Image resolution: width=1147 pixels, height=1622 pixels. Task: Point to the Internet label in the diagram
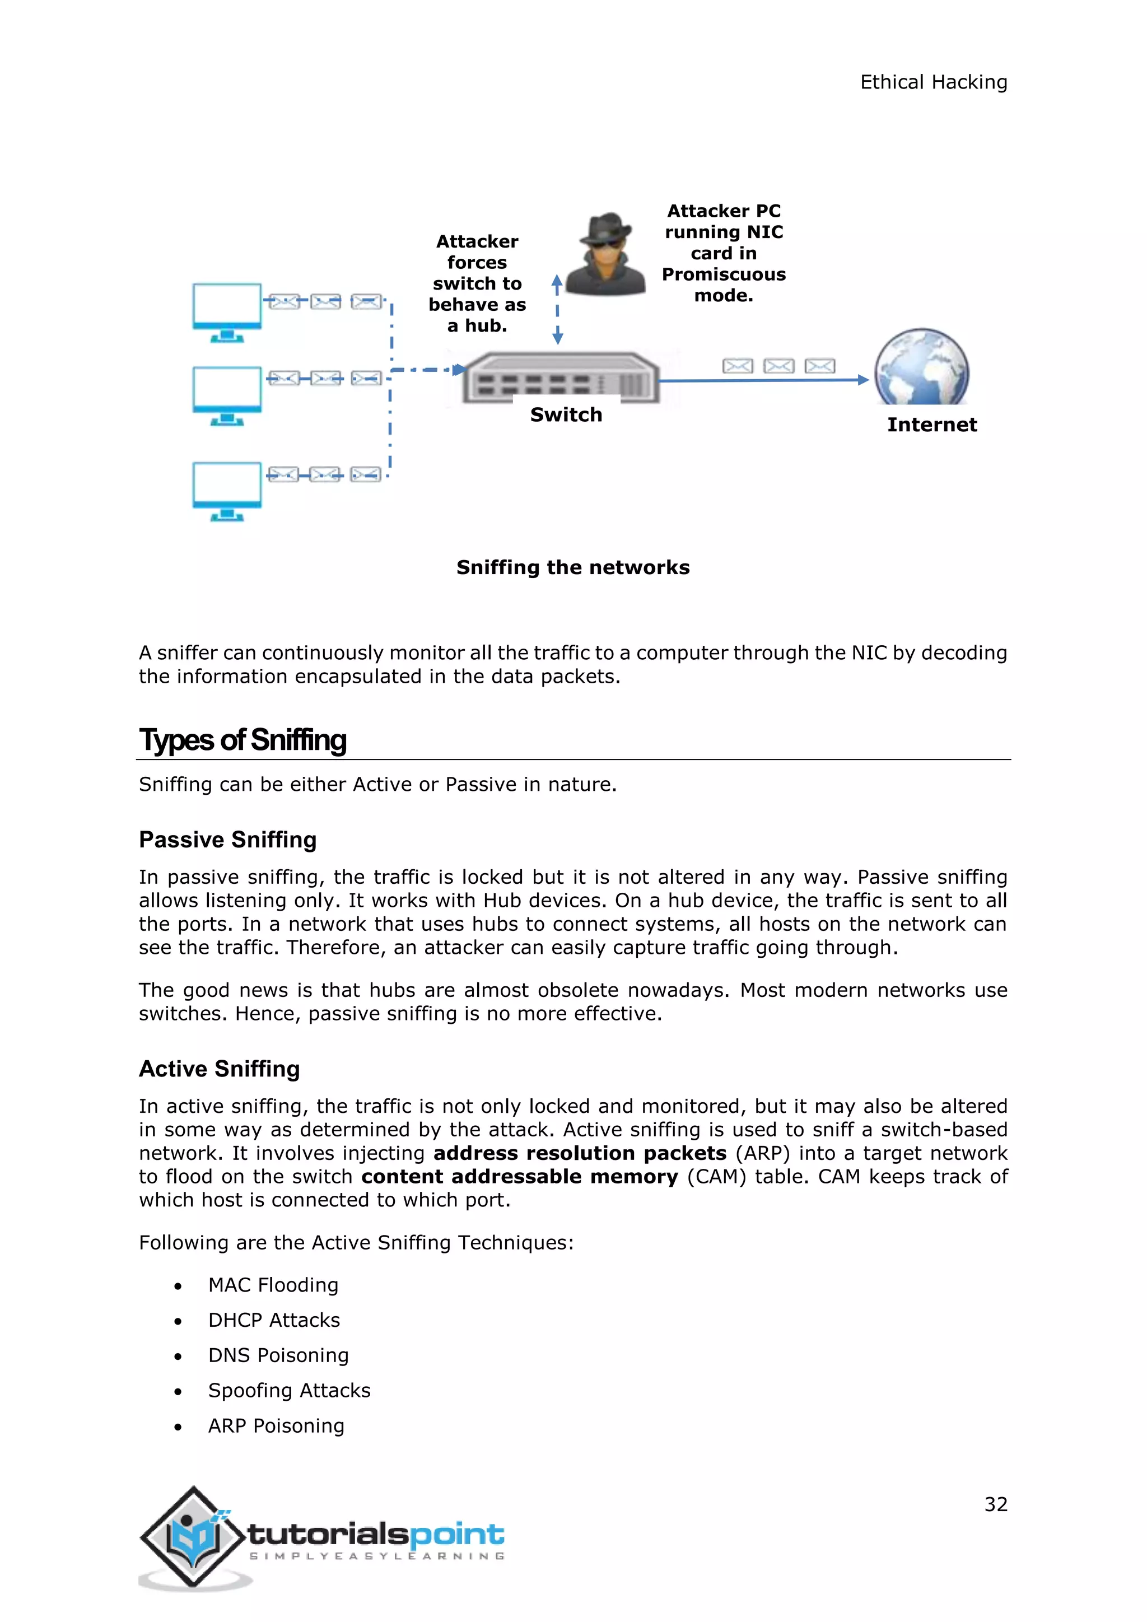[931, 425]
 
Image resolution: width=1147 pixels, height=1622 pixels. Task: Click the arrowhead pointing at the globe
[862, 380]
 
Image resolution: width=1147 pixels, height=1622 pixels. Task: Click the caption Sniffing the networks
[573, 567]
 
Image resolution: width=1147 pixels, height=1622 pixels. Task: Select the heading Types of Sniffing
[243, 740]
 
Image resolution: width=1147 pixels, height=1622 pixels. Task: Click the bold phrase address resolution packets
[580, 1153]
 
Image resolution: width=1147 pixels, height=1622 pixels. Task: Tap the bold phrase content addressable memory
[519, 1176]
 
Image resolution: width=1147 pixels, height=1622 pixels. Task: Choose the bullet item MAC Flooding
[273, 1285]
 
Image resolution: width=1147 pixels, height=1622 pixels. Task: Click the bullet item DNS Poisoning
[278, 1355]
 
